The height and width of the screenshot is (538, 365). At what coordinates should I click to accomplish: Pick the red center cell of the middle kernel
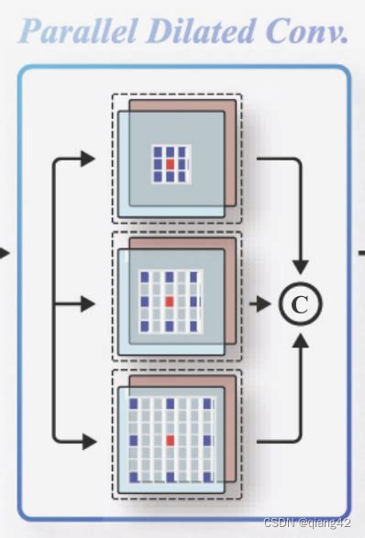(169, 301)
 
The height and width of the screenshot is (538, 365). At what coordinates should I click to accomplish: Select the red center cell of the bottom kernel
(170, 441)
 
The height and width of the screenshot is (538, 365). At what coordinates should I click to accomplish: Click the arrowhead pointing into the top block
(88, 158)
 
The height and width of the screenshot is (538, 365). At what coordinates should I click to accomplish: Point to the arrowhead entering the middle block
(88, 301)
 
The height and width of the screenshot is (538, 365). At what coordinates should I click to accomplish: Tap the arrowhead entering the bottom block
(88, 441)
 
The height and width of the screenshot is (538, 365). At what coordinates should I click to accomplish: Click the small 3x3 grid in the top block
(169, 163)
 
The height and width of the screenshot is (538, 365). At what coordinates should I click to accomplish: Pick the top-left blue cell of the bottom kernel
(133, 403)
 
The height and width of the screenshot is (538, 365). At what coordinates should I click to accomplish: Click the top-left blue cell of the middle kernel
(145, 276)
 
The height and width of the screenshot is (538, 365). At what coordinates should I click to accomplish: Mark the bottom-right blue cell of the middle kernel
(194, 325)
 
